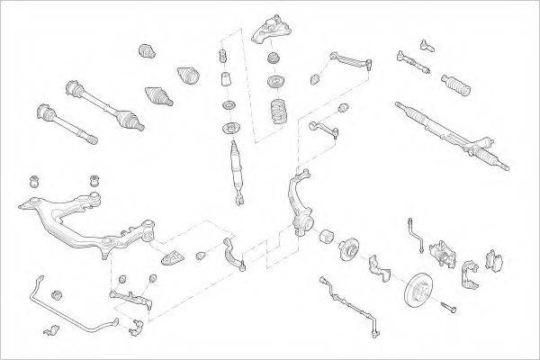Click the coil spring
click(278, 115)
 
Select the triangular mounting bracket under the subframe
click(172, 259)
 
